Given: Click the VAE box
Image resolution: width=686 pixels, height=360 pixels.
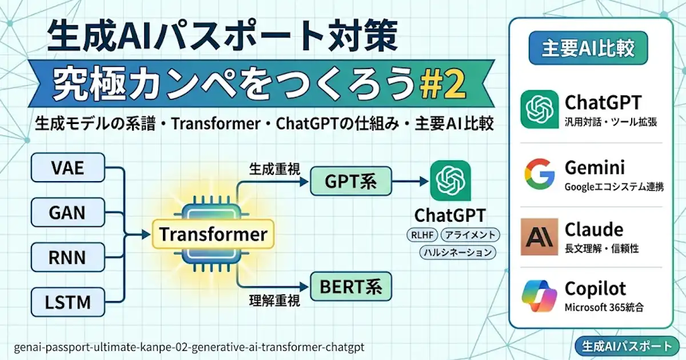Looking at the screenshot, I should coord(68,169).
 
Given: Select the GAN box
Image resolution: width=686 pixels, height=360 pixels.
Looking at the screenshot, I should coord(68,213).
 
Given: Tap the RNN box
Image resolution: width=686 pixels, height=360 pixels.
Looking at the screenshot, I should coord(68,258).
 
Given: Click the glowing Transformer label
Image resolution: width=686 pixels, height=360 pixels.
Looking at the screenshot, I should coord(213,234).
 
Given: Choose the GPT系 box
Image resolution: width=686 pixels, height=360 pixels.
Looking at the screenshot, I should coord(350,182).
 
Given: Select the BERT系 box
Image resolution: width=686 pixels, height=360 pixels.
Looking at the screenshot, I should coord(350,286).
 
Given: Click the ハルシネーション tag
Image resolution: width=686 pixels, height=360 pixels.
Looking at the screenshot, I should coord(457,252).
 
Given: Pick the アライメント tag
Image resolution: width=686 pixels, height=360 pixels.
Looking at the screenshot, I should coord(471,235).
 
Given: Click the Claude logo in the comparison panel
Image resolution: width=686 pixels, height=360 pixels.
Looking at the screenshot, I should coord(539,237).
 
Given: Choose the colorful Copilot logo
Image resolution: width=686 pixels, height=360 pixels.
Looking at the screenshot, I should coord(539,297).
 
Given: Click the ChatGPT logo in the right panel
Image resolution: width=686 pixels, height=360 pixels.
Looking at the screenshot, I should coord(539,109).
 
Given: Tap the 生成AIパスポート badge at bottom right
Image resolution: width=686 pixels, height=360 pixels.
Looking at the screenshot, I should coord(626,346).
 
